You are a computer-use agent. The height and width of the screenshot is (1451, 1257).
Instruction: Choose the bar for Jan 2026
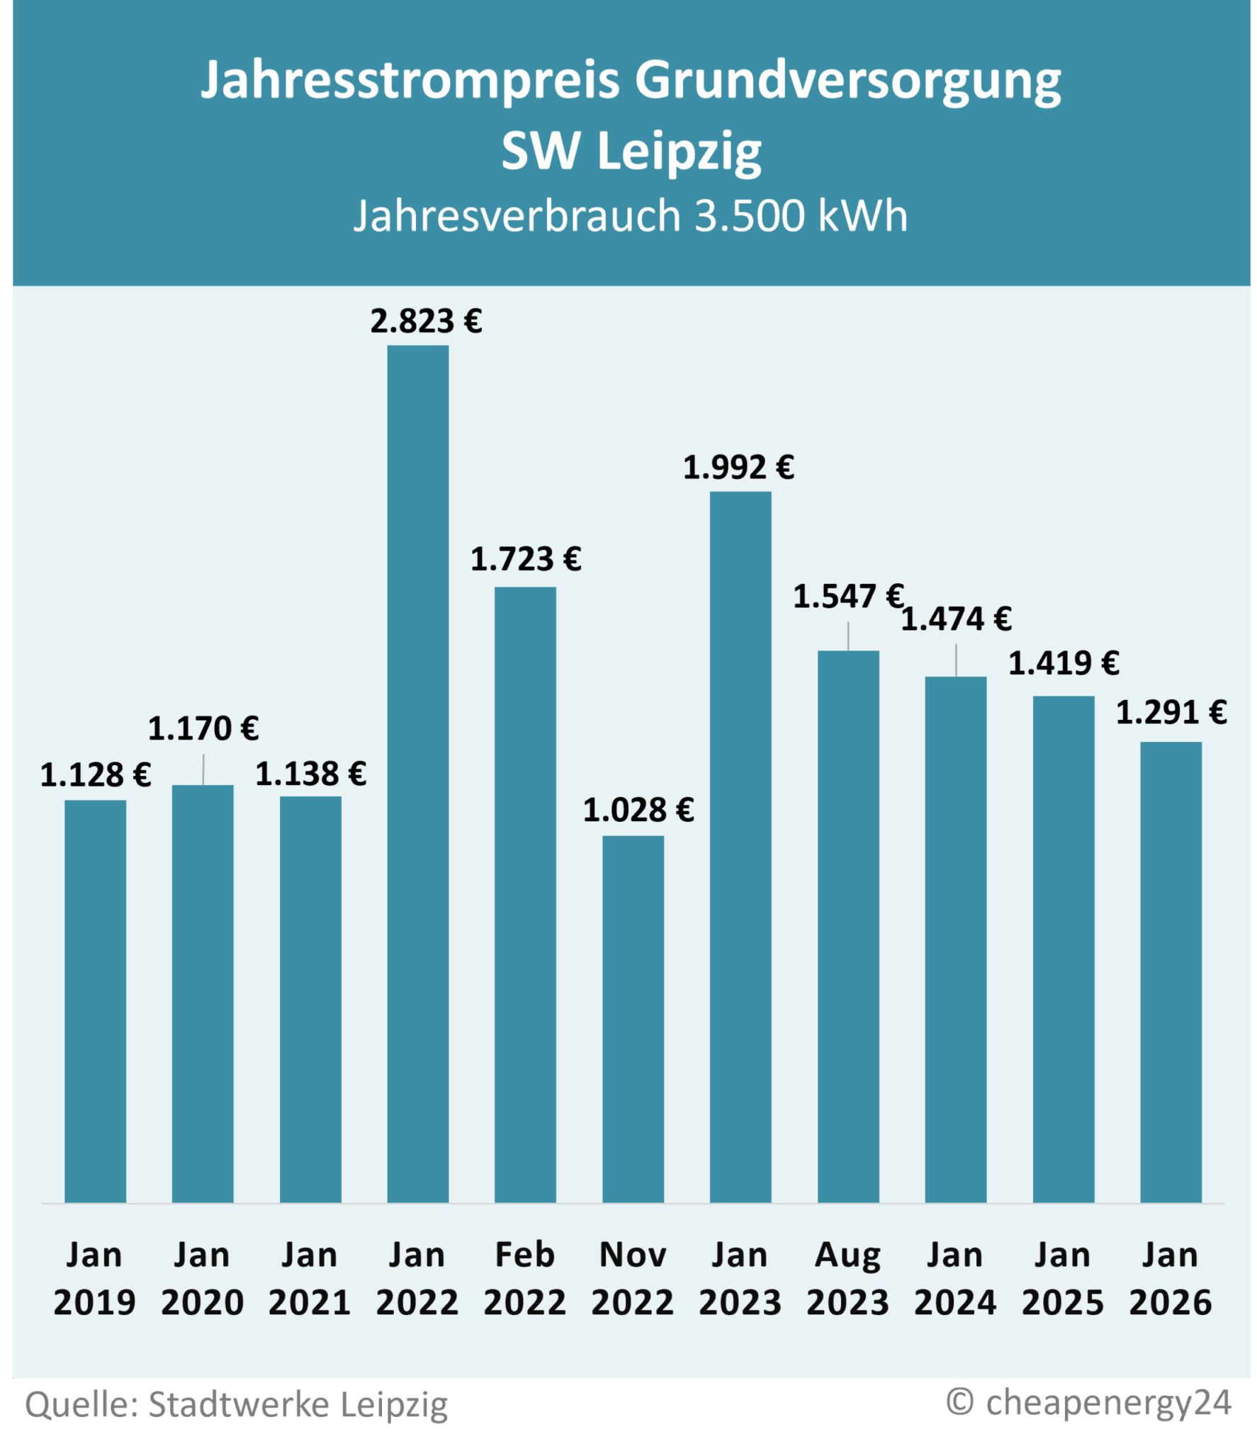1171,972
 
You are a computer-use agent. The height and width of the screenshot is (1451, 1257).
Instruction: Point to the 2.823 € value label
426,322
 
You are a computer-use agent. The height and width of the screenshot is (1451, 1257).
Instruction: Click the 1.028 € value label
638,811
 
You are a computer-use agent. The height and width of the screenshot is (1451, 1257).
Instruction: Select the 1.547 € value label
847,597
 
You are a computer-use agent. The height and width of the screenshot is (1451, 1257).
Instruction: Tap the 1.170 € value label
203,729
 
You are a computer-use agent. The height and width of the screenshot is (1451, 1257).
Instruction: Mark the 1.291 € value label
1171,713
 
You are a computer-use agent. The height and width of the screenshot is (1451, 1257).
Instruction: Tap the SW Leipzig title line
631,152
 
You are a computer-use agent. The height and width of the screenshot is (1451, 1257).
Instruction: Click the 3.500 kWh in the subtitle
801,215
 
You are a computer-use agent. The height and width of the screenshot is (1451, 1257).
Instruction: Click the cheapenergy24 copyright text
1088,1402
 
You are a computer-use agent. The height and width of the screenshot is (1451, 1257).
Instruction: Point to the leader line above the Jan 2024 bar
956,660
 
